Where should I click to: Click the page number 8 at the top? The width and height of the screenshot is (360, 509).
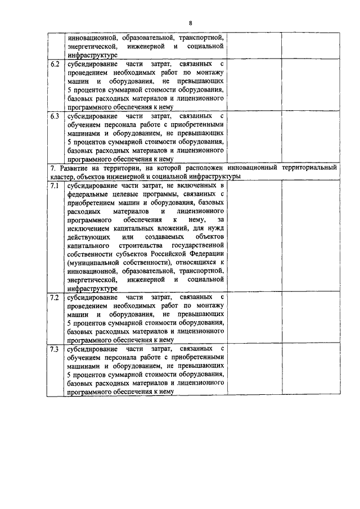[x=191, y=22]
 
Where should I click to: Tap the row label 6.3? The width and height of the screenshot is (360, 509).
[x=55, y=116]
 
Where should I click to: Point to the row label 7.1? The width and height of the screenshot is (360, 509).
[x=55, y=185]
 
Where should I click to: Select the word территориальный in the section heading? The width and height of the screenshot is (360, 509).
[x=309, y=168]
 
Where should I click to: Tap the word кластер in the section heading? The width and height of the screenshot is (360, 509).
[x=61, y=177]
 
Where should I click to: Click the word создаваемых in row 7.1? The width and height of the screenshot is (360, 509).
[x=155, y=237]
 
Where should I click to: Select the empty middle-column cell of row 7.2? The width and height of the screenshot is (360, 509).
[x=255, y=318]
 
